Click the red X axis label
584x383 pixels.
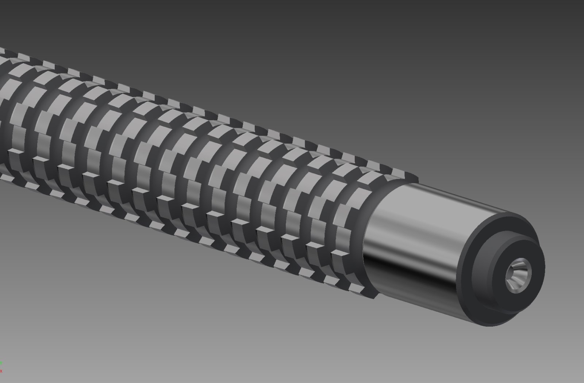[1, 371]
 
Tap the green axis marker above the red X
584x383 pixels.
[1, 363]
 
